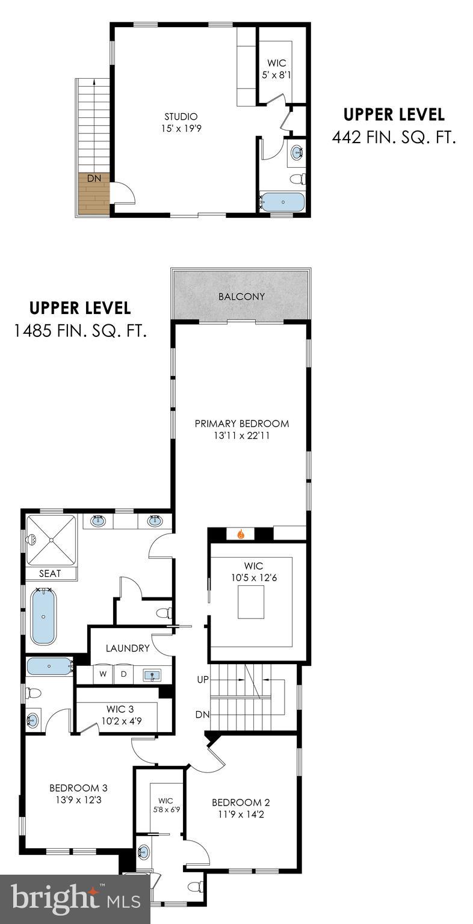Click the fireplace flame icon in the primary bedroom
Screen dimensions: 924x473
(241, 533)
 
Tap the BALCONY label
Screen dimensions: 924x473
(241, 297)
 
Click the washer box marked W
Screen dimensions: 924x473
(103, 674)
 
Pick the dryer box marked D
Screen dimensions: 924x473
(124, 674)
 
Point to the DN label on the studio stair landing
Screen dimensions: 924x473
(94, 178)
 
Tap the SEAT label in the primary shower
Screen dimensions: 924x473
(50, 573)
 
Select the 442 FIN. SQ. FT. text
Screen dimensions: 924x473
(394, 138)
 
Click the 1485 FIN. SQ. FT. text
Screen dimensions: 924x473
(80, 331)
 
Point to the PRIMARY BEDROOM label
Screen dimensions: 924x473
(241, 423)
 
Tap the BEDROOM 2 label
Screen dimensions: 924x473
(241, 802)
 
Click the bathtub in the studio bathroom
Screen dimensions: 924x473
(282, 202)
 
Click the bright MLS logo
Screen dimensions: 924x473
(75, 899)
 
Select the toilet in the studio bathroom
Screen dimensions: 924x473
(297, 179)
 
